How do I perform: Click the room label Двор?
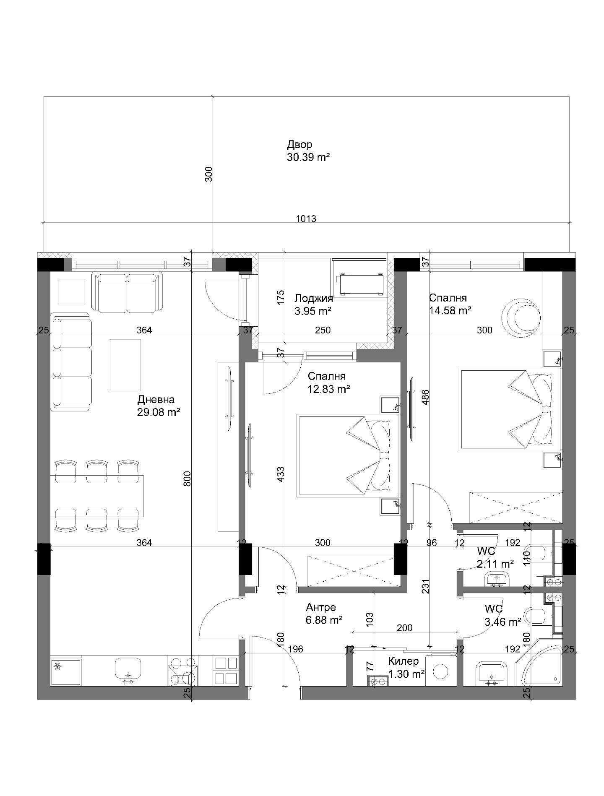point(299,145)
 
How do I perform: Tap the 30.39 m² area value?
point(308,157)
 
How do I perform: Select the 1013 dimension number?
point(306,219)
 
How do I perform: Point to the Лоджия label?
point(314,298)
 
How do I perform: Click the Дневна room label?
point(156,400)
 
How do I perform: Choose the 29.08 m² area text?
point(159,412)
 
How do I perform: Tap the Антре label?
point(321,607)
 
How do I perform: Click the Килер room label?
point(404,661)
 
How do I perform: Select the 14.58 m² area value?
point(450,310)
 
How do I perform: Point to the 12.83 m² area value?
point(329,389)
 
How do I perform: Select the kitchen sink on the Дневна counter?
point(128,670)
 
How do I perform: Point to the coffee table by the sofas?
point(125,365)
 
